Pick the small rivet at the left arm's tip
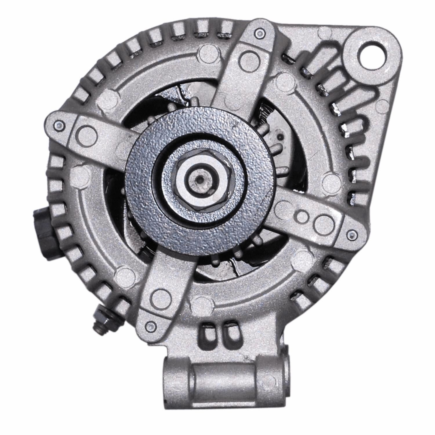(59, 126)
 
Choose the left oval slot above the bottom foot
(208, 334)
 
